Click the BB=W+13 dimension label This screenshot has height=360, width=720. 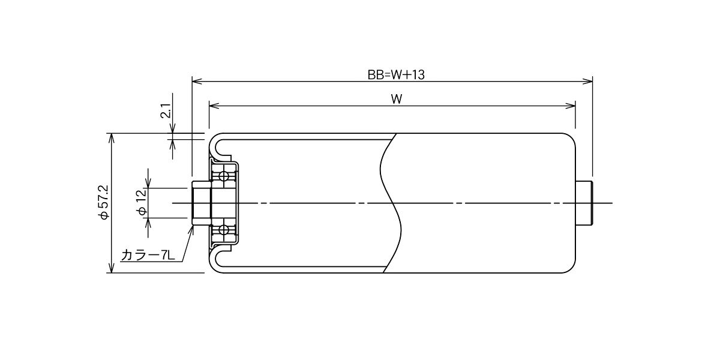[x=396, y=75]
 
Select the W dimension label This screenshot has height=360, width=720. [x=397, y=100]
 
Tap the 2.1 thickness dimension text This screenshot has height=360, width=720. [x=166, y=111]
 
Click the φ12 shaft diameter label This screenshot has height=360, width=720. [x=142, y=202]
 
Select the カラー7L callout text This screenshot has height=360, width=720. [x=148, y=256]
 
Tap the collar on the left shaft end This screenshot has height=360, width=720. [x=202, y=203]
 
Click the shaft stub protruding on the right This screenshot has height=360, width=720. [x=584, y=203]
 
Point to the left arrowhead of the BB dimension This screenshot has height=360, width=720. [x=197, y=82]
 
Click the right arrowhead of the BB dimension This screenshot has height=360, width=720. [x=587, y=82]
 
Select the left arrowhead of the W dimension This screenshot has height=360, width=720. [x=214, y=106]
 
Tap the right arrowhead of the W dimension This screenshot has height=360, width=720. [x=570, y=106]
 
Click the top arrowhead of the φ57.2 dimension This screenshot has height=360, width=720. [x=112, y=138]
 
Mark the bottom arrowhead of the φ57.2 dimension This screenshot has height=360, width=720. [x=112, y=268]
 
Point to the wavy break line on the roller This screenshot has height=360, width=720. [x=391, y=203]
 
